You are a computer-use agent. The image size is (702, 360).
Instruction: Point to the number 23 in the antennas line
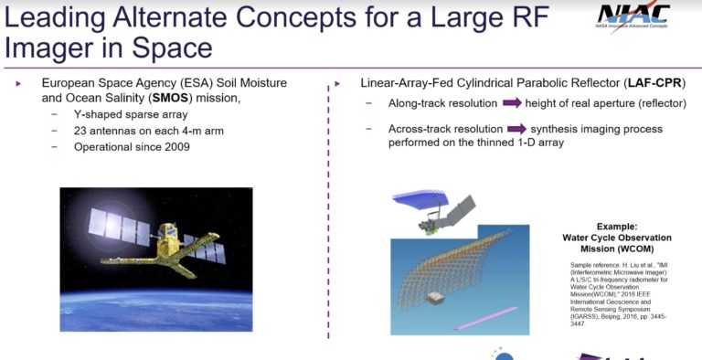[83, 131]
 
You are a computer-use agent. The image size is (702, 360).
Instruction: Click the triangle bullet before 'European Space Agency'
[20, 83]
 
